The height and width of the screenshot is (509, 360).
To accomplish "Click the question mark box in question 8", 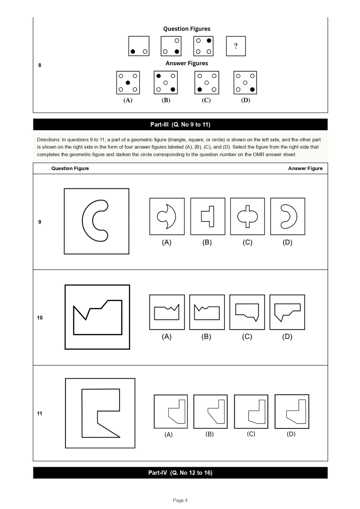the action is [236, 46].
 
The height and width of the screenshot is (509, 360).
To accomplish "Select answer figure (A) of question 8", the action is [128, 83].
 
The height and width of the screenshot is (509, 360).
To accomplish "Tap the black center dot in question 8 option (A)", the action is [128, 83].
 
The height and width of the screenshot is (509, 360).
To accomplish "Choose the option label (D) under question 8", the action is [245, 100].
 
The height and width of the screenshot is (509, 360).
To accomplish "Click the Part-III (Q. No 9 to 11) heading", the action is [180, 124].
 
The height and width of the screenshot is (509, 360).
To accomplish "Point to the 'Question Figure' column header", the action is [70, 168].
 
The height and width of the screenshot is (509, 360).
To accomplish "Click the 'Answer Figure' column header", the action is [305, 168].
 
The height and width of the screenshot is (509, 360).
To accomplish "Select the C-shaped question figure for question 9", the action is [83, 220].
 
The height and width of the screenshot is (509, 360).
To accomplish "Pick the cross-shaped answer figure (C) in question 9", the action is [247, 216].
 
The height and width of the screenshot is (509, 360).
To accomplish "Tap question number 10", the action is [39, 318].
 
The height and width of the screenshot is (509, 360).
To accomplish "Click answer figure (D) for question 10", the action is [287, 312].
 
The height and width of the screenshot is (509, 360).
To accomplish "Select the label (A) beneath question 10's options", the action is [167, 336].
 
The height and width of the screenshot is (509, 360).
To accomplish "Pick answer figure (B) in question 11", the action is [211, 412].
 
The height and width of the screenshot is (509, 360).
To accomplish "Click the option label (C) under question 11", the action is [251, 434].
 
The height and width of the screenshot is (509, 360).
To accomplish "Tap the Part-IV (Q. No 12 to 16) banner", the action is [180, 473].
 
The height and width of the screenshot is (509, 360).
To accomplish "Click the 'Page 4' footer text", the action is [180, 500].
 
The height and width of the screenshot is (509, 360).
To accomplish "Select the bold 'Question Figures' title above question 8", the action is [187, 29].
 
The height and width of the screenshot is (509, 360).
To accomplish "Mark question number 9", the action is [39, 222].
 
